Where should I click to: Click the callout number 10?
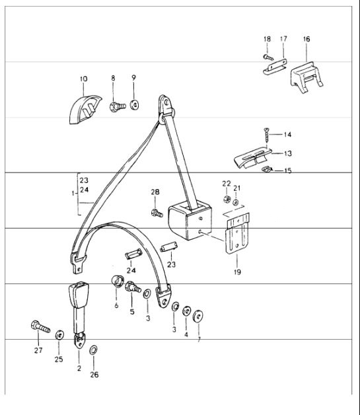(x=83, y=79)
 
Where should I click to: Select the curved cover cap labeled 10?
(x=85, y=110)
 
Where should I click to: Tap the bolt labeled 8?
(x=117, y=106)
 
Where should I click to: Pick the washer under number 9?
(x=134, y=105)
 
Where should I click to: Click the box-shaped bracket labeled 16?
(x=306, y=77)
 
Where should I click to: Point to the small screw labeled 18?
(x=268, y=57)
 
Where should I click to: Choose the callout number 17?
(x=283, y=39)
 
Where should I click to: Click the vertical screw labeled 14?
(x=266, y=135)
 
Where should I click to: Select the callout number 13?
(x=288, y=153)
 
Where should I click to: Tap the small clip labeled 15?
(x=267, y=169)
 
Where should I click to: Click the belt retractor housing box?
(x=190, y=220)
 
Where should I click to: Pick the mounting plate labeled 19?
(x=237, y=233)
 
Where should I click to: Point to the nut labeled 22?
(x=227, y=198)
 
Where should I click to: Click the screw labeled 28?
(x=157, y=213)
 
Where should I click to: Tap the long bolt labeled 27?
(x=40, y=326)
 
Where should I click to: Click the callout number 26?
(x=94, y=375)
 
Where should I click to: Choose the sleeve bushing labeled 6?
(x=118, y=281)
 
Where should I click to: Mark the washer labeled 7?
(x=198, y=316)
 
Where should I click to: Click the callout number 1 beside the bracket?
(x=73, y=194)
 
